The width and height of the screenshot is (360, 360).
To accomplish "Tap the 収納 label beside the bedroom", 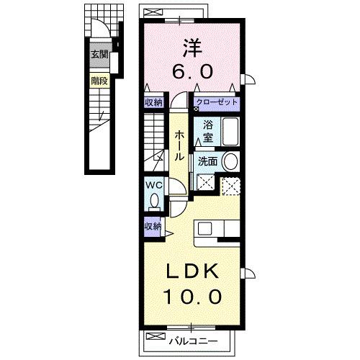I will click(153, 102).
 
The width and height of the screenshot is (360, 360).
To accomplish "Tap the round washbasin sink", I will click(229, 161).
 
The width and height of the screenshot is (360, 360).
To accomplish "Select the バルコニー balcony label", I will click(192, 338).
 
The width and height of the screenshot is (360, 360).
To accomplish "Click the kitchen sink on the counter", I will click(205, 229).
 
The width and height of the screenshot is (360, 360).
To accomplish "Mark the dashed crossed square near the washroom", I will click(231, 186).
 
